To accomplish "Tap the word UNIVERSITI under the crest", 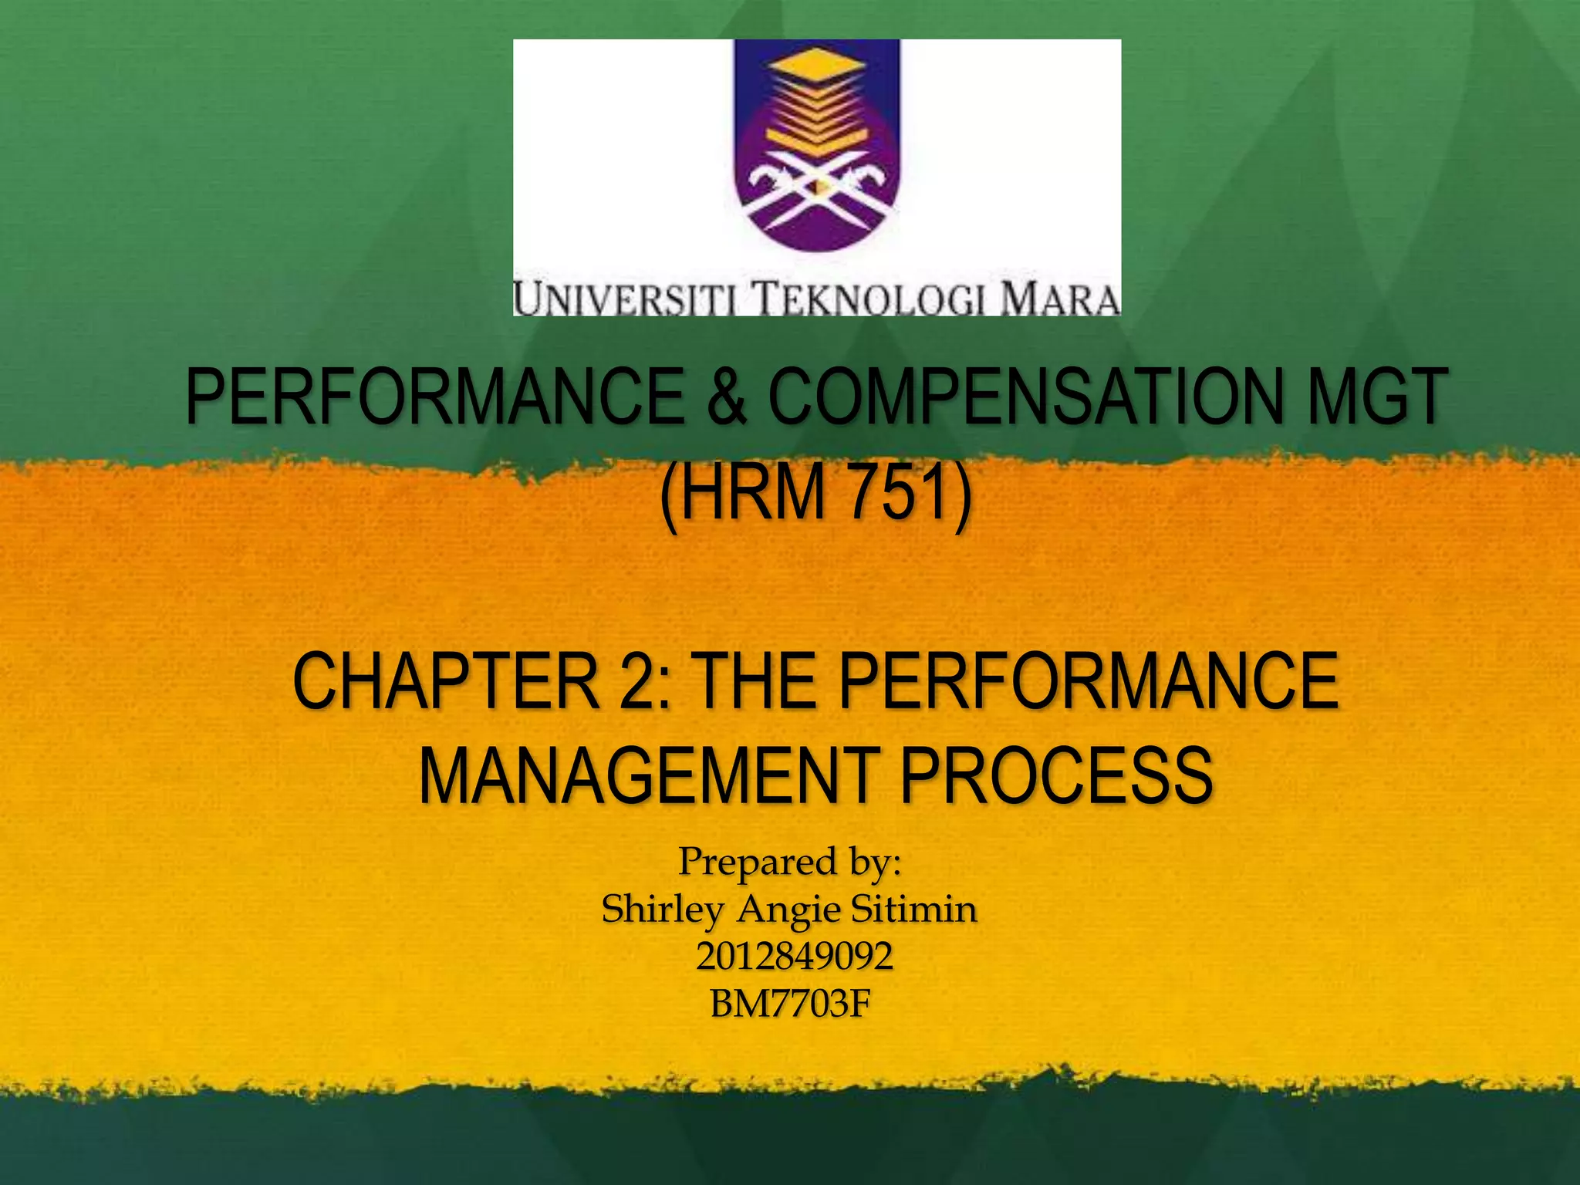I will (626, 300).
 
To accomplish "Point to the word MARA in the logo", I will (1060, 300).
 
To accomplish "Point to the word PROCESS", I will (1057, 775).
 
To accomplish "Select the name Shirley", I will (663, 910).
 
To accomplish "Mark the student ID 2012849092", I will (794, 957).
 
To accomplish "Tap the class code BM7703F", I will (790, 1004).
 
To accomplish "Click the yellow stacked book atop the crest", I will (816, 93).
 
